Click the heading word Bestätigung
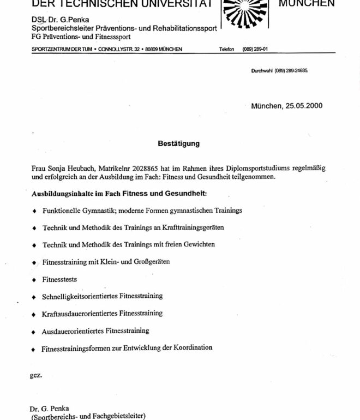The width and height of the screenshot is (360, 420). [179, 144]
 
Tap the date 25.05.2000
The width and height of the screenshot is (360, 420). [303, 106]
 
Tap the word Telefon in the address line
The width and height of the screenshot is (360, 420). [227, 49]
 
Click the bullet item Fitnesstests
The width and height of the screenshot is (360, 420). [59, 279]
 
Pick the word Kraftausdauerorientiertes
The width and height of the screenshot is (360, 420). [80, 314]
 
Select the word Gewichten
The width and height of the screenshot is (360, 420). [199, 244]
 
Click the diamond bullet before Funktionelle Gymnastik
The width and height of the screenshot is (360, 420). [34, 211]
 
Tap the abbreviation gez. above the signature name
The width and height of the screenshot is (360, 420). [35, 376]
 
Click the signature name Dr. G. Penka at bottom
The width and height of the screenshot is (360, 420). [50, 409]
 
